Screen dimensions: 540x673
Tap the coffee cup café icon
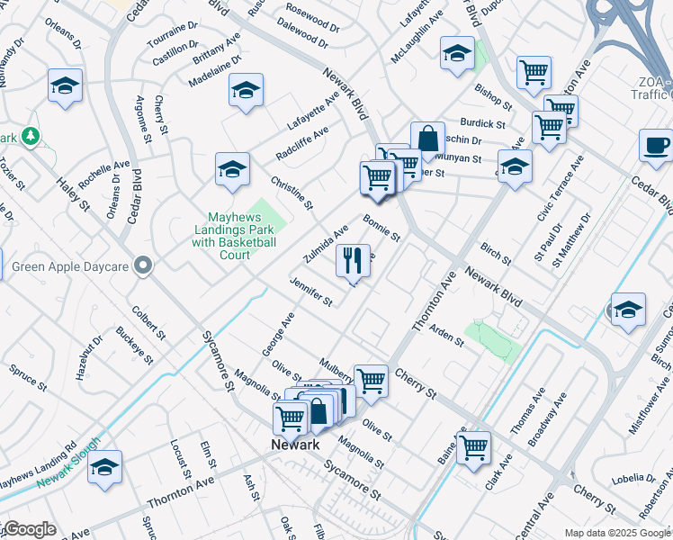tap(655, 146)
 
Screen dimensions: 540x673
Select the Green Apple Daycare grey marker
tap(142, 265)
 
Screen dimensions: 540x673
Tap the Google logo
tap(29, 529)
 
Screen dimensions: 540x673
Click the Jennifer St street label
tap(311, 292)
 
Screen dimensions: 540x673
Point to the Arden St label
tap(446, 336)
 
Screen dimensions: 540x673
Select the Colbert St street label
tap(148, 321)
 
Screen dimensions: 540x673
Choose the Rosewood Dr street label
tap(312, 15)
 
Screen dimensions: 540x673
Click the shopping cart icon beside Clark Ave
tap(473, 446)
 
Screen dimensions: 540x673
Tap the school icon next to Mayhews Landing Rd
tap(105, 467)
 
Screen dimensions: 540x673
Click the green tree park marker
tap(31, 136)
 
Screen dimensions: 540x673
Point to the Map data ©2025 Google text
tap(616, 533)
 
